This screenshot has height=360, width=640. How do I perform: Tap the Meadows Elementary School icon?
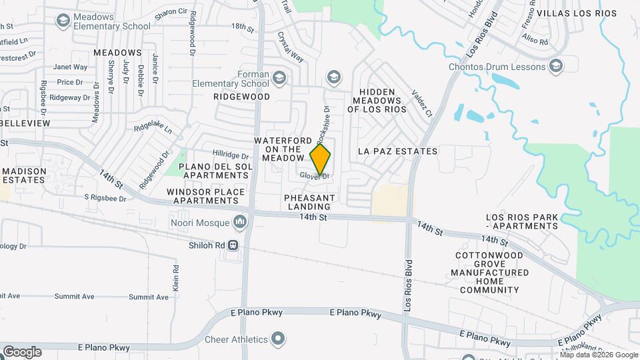click(x=63, y=21)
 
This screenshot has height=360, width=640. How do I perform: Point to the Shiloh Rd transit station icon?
click(x=233, y=245)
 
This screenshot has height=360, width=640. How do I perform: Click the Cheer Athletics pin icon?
click(x=279, y=339)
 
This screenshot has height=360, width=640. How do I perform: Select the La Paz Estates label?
click(x=397, y=151)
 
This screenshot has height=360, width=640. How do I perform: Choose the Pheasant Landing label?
click(x=309, y=202)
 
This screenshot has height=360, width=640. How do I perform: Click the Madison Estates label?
click(x=23, y=175)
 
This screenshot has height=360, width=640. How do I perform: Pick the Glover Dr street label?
click(x=315, y=176)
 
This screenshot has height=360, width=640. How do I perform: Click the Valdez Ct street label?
click(x=422, y=103)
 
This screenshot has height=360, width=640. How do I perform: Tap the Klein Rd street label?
click(x=176, y=277)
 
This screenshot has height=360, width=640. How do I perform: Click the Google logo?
click(x=21, y=352)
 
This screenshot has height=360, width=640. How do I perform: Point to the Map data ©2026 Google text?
click(x=599, y=354)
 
